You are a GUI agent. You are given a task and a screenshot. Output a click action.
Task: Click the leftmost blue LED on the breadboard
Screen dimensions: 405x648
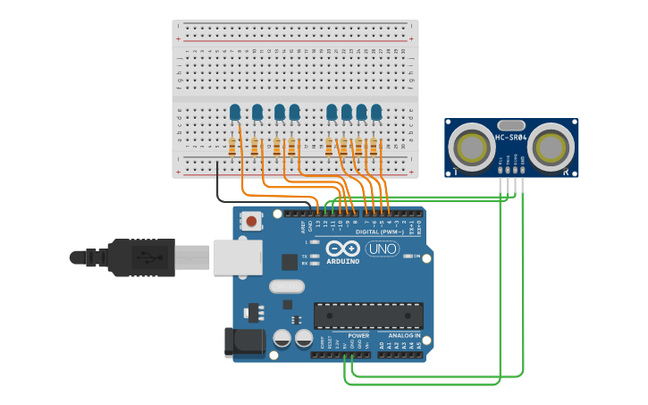pos(235,112)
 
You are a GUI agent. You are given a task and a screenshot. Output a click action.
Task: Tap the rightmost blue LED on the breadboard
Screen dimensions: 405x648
pos(376,112)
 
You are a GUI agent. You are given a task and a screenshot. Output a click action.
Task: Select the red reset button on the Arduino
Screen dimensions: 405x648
pos(252,221)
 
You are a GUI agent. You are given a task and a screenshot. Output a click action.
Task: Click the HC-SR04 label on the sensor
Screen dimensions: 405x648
pos(511,137)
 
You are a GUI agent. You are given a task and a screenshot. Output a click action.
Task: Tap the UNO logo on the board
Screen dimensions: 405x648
pos(383,249)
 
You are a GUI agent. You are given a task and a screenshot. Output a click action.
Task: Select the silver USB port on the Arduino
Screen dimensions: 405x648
pos(237,257)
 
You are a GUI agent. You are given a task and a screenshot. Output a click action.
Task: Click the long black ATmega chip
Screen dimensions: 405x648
pos(367,316)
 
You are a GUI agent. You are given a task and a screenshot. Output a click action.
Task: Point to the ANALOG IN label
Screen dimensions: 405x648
pos(403,335)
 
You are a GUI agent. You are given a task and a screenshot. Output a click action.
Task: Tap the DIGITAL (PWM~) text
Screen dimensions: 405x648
pos(378,232)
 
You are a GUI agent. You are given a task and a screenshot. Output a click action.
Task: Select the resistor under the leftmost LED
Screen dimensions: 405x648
pos(232,147)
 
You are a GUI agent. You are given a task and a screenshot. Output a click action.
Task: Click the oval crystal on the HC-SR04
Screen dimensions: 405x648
pos(511,125)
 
